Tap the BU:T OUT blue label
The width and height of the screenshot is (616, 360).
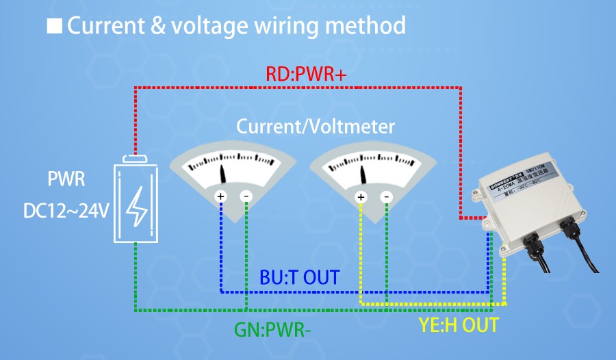(x=300, y=277)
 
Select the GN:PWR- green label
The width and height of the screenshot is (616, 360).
(x=272, y=329)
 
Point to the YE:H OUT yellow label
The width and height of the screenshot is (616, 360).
(x=459, y=324)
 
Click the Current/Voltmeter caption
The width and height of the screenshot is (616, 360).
(x=316, y=127)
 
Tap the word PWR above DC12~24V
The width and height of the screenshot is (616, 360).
(x=66, y=181)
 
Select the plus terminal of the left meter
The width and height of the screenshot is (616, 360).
(x=221, y=196)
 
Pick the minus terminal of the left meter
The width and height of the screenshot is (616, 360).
(x=246, y=196)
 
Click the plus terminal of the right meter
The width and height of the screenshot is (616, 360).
(x=361, y=197)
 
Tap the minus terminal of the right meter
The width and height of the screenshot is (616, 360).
(x=387, y=197)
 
